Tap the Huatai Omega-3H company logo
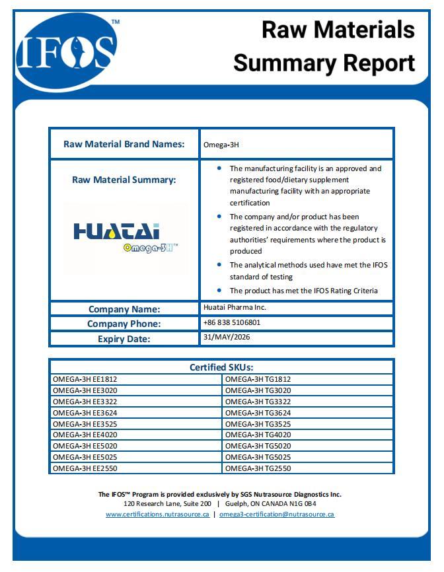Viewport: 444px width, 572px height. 125,238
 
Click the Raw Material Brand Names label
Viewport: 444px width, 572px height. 124,144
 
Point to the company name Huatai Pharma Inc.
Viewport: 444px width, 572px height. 235,307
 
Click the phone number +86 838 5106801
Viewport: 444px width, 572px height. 232,323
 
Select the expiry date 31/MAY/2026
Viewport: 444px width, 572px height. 227,337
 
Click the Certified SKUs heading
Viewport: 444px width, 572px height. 221,367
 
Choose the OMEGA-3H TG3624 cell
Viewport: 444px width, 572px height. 258,413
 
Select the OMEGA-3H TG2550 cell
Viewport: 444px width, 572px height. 258,468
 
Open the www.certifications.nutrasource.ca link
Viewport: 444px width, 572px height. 157,514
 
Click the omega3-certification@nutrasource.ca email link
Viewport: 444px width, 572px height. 276,514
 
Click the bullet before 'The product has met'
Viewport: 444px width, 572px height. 219,290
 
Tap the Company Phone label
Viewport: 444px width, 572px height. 124,324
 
